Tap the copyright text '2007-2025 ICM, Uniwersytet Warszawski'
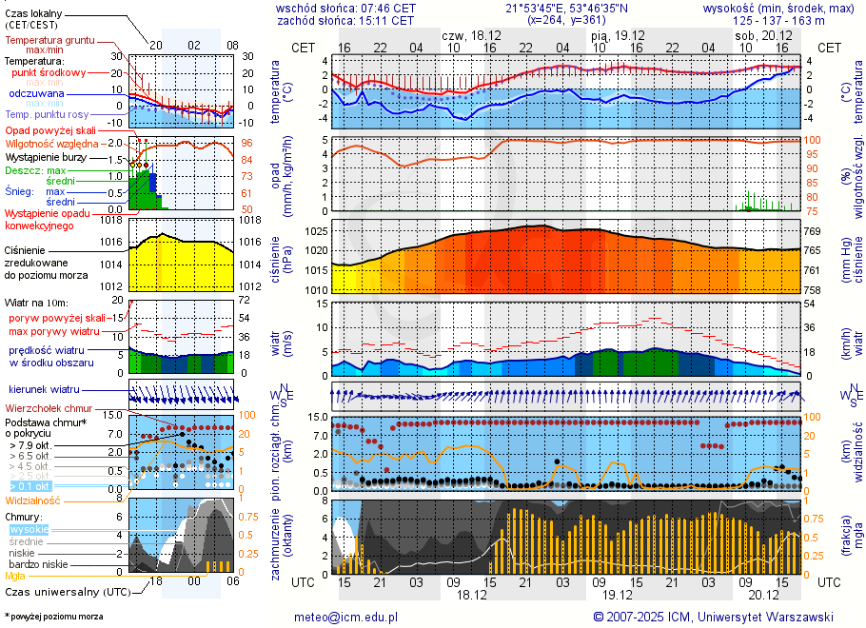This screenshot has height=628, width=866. click(713, 617)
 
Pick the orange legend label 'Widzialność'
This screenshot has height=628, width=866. click(33, 500)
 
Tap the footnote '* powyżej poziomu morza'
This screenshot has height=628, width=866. click(53, 617)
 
